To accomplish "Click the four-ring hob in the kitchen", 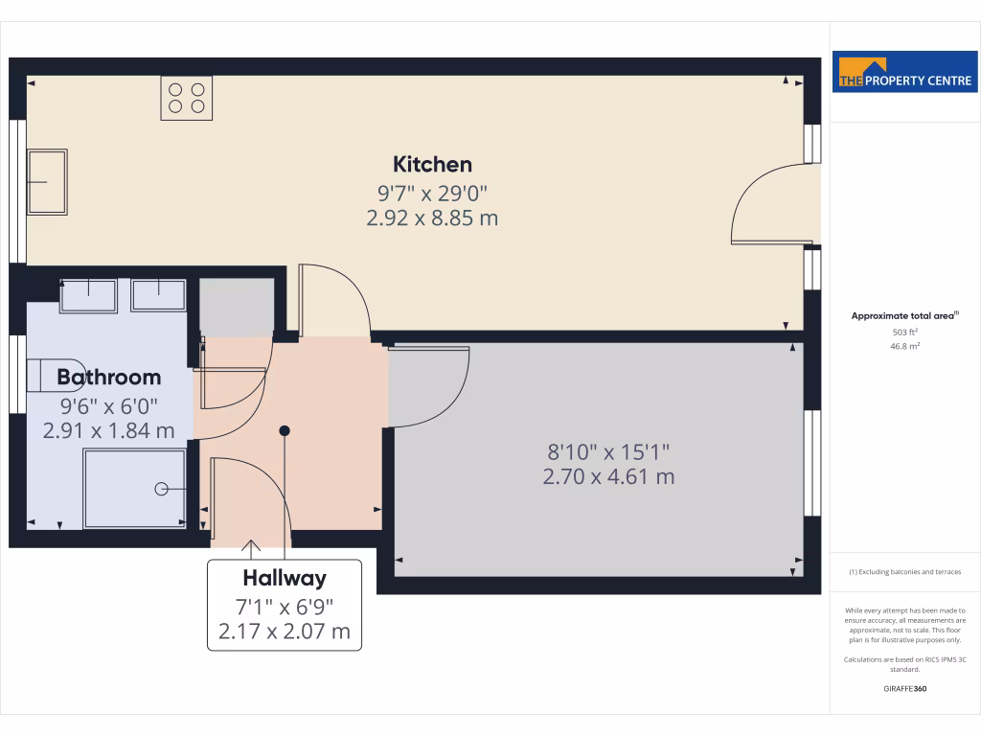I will coord(186,98).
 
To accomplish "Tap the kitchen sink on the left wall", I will coord(46,181).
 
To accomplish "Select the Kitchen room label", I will coord(432,164).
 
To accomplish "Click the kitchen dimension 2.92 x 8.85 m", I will coord(432,218).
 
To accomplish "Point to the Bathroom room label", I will coord(108,377).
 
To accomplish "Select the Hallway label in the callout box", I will coord(285,578).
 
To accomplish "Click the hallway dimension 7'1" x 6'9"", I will coord(285,606).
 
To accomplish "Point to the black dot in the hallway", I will coord(284,431).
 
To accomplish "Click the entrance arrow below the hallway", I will coord(252,548).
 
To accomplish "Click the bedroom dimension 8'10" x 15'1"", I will coord(608,450).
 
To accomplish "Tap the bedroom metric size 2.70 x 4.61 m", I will coord(608,475).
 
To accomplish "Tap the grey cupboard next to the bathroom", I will coord(235,307).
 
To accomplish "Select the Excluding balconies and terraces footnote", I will coord(905,572).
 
